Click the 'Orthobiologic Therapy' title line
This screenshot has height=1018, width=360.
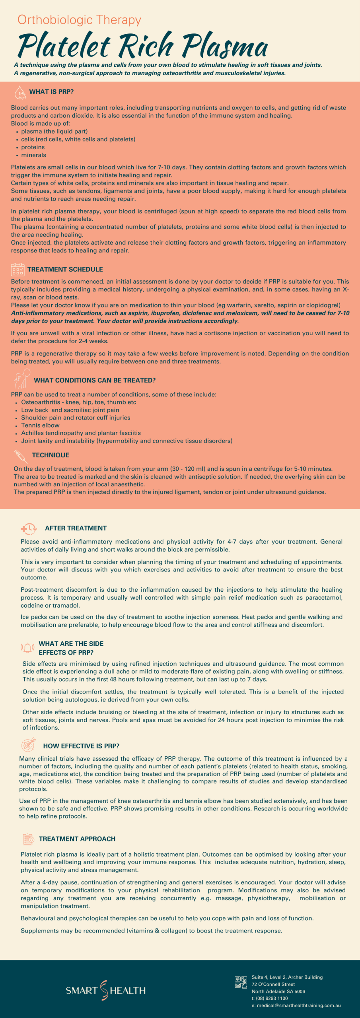pyautogui.click(x=79, y=20)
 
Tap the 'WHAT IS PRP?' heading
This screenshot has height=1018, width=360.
pyautogui.click(x=51, y=92)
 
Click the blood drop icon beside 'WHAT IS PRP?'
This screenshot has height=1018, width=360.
pyautogui.click(x=20, y=92)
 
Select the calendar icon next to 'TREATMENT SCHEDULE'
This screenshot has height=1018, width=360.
pyautogui.click(x=18, y=269)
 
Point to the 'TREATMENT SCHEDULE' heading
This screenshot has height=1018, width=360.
pyautogui.click(x=65, y=269)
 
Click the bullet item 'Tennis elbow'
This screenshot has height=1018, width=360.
pyautogui.click(x=40, y=425)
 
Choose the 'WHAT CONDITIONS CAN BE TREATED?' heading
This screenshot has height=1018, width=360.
pyautogui.click(x=95, y=380)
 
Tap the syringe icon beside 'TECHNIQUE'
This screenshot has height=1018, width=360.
pyautogui.click(x=20, y=455)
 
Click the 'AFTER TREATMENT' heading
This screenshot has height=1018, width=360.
pyautogui.click(x=76, y=528)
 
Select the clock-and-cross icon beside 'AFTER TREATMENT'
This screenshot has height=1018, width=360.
pyautogui.click(x=29, y=528)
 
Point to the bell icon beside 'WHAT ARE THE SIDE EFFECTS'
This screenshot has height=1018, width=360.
pyautogui.click(x=27, y=647)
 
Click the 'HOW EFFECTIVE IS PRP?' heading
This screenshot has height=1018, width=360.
pyautogui.click(x=81, y=746)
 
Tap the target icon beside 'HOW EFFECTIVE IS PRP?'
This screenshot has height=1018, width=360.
pyautogui.click(x=29, y=744)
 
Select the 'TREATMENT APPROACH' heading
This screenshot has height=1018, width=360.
pyautogui.click(x=77, y=839)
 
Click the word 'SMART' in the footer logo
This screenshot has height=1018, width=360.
pyautogui.click(x=82, y=990)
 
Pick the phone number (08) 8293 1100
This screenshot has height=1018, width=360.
pyautogui.click(x=269, y=998)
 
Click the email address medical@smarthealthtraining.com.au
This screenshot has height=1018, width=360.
pyautogui.click(x=296, y=1005)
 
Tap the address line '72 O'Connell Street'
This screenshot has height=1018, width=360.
pyautogui.click(x=273, y=984)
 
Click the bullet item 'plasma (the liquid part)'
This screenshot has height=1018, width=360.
pyautogui.click(x=54, y=131)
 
